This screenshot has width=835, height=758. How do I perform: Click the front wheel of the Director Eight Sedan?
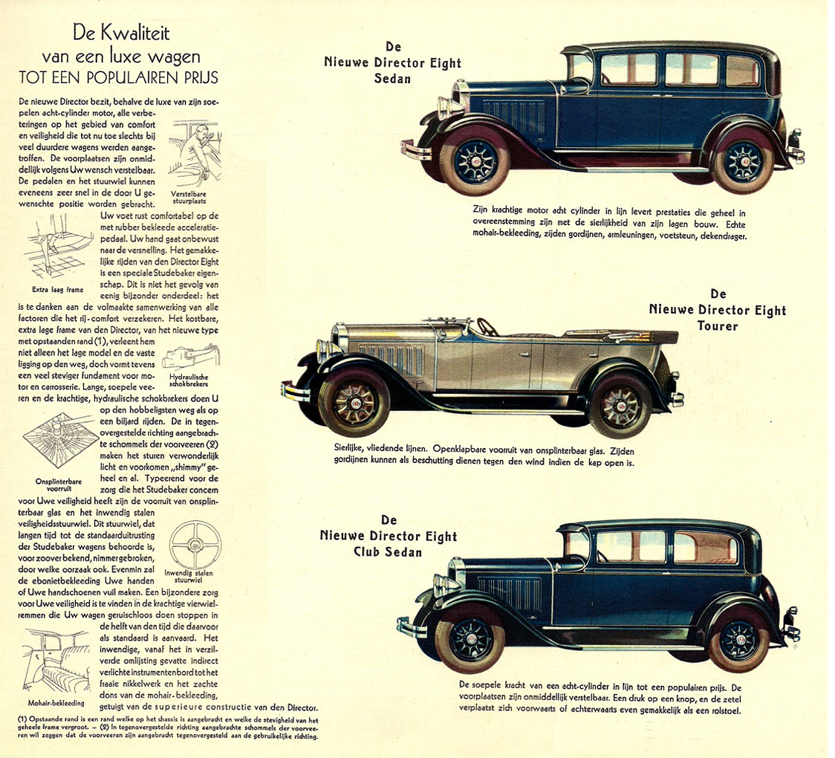(x=475, y=161)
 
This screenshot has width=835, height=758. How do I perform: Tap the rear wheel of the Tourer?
(x=620, y=405)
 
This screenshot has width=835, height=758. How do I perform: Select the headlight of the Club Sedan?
(x=443, y=585)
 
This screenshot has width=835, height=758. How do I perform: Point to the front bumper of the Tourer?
(x=294, y=392)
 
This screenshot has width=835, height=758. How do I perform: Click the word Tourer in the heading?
(x=718, y=325)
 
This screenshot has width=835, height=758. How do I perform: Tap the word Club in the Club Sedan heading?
(x=368, y=552)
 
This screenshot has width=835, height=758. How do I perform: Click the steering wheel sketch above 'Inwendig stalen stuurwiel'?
(x=195, y=545)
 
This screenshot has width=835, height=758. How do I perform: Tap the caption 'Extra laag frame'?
(x=57, y=290)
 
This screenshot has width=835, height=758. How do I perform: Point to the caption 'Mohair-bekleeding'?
(x=56, y=702)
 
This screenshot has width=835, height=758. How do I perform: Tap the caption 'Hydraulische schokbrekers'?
(x=189, y=380)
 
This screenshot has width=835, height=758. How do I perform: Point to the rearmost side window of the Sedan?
(x=742, y=71)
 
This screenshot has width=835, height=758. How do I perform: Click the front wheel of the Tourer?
(x=353, y=404)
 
